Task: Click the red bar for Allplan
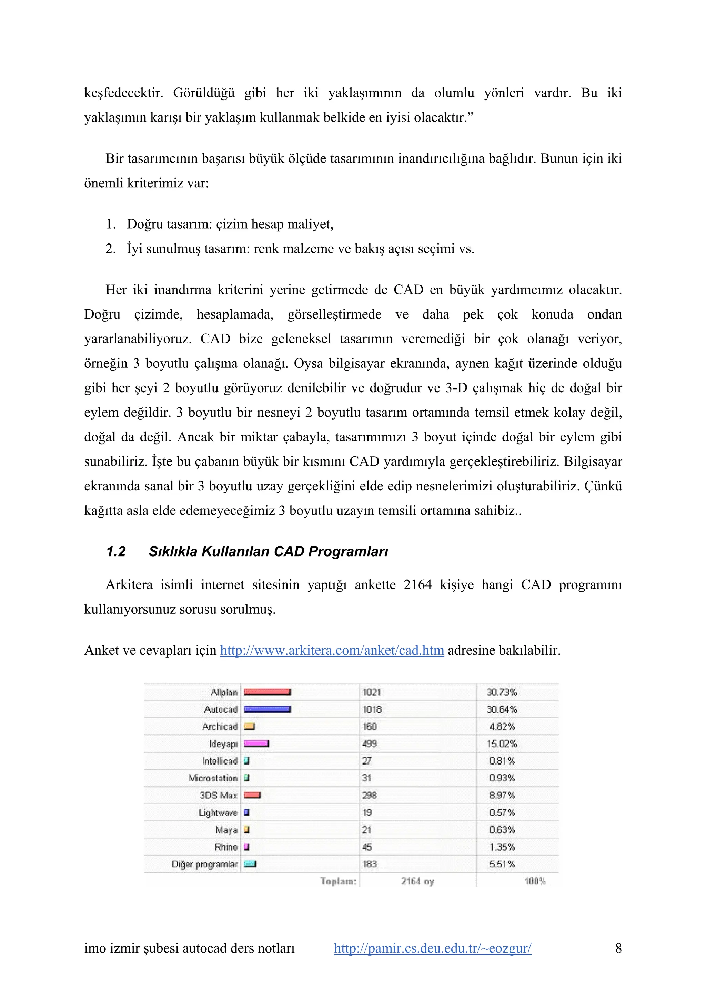267,692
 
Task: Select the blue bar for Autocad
267,709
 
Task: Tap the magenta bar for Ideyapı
256,744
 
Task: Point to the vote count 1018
372,709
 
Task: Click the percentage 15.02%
502,744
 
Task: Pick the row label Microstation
213,778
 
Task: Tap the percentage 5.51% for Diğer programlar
502,864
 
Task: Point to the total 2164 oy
417,882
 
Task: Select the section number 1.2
116,552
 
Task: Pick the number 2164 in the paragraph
417,585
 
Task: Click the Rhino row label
226,847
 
